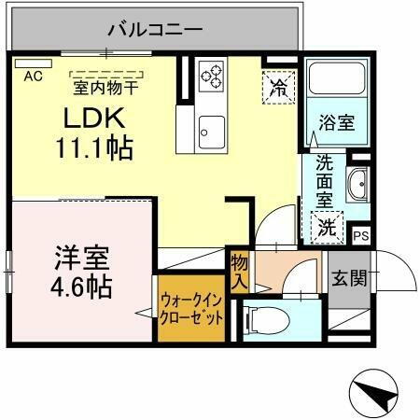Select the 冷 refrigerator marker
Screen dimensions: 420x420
pyautogui.click(x=278, y=88)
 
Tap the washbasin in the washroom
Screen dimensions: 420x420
pyautogui.click(x=357, y=186)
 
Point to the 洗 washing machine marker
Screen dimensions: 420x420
pyautogui.click(x=327, y=225)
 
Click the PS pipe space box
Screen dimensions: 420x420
pyautogui.click(x=360, y=236)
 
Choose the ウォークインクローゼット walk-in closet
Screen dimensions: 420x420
pyautogui.click(x=191, y=309)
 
